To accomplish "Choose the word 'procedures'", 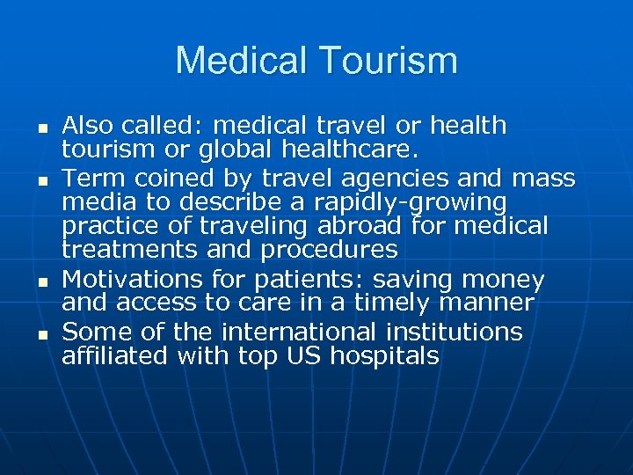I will click(x=330, y=251).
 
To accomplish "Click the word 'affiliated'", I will click(x=115, y=356).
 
